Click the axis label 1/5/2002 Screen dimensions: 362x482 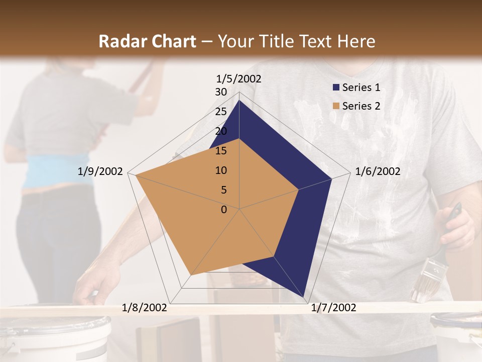pos(239,78)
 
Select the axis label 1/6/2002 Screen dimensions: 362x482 pos(378,171)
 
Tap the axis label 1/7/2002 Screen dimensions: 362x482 pos(333,308)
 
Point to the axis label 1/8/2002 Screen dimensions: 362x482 pos(145,308)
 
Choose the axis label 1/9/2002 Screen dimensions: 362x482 pos(100,171)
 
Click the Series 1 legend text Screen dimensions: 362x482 pos(361,87)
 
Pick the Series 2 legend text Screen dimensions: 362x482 pos(361,106)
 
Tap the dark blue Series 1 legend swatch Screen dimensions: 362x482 pos(336,88)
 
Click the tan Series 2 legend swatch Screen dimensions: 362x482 pos(336,107)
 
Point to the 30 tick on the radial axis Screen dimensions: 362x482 pos(221,92)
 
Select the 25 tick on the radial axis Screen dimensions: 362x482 pos(221,112)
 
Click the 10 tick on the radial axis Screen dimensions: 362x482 pos(221,170)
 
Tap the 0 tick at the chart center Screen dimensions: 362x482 pos(224,210)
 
